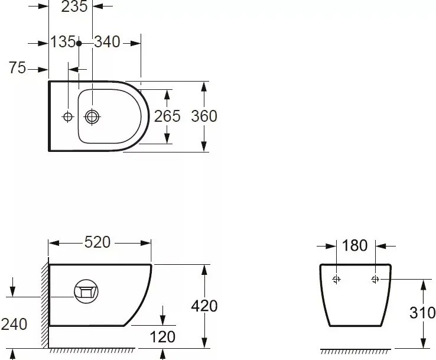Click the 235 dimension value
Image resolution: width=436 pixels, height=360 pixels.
coord(74,6)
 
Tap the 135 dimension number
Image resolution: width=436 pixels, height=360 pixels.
coord(63,42)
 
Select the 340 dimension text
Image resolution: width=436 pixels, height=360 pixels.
coord(107,42)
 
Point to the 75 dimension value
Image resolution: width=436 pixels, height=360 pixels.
coord(17,68)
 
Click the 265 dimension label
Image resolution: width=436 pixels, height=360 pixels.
coord(167,116)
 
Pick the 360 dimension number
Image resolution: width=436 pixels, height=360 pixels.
coord(204,116)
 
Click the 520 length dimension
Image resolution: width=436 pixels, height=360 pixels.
coord(97,242)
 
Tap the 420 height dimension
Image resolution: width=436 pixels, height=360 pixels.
coord(204,306)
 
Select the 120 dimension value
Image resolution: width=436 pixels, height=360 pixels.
coord(162,337)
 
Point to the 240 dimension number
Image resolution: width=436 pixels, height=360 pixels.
coord(14,325)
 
